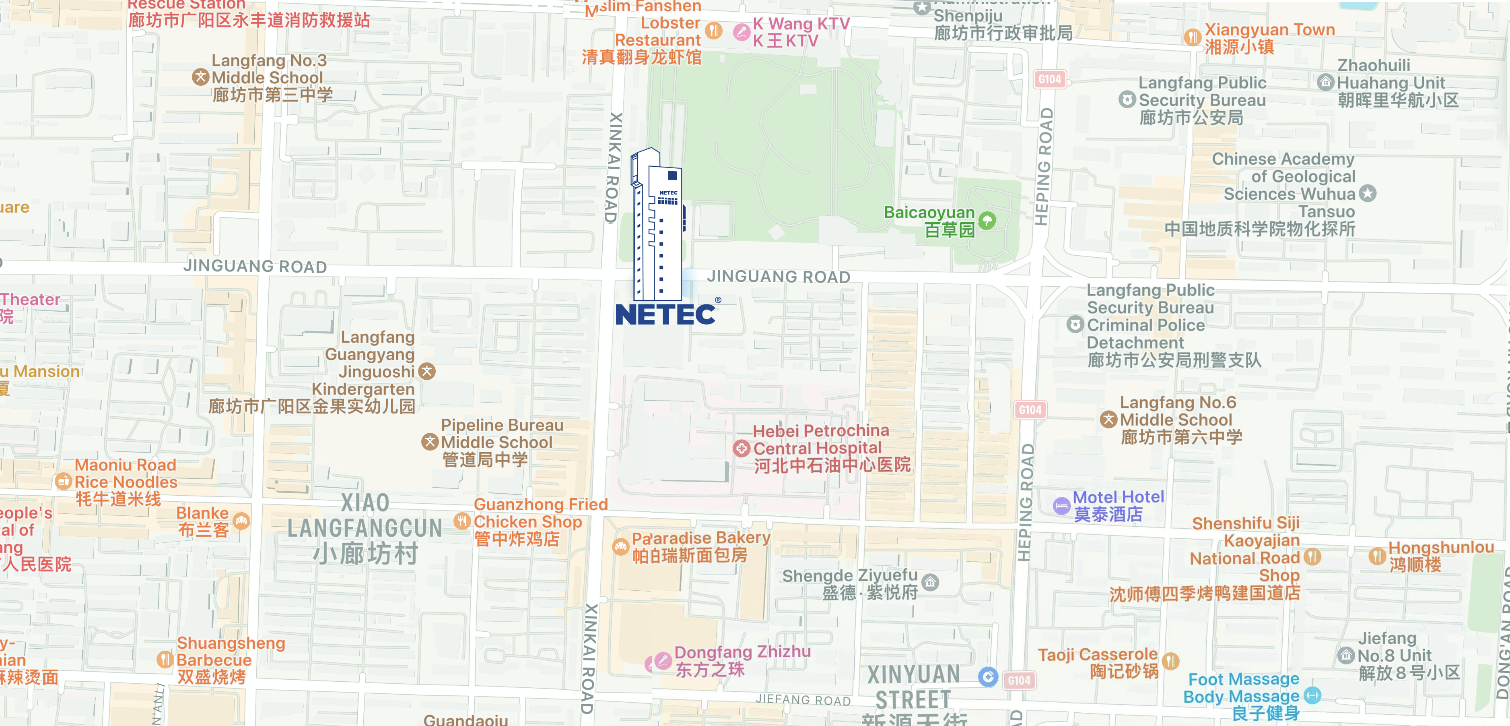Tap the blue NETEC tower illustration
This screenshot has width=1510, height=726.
point(658,226)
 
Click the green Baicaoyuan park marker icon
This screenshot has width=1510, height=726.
point(987,221)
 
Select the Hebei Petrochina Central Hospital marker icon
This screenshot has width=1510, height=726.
point(742,449)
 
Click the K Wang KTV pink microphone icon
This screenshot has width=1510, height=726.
point(742,32)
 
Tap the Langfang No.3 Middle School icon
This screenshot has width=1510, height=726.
point(200,77)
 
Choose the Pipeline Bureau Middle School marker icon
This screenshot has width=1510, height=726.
point(430,442)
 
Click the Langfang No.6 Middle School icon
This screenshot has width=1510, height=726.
point(1108,419)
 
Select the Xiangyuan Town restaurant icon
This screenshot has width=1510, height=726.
point(1192,37)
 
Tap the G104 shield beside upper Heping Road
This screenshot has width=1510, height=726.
point(1049,79)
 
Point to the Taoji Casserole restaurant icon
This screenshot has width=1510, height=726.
point(1170,661)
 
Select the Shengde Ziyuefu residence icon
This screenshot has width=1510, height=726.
point(930,582)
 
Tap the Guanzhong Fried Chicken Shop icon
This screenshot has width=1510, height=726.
point(462,521)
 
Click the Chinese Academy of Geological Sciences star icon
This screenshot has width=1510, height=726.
point(1368,194)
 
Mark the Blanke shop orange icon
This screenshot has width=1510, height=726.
point(241,521)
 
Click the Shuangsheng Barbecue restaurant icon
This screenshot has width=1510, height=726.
point(165,660)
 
